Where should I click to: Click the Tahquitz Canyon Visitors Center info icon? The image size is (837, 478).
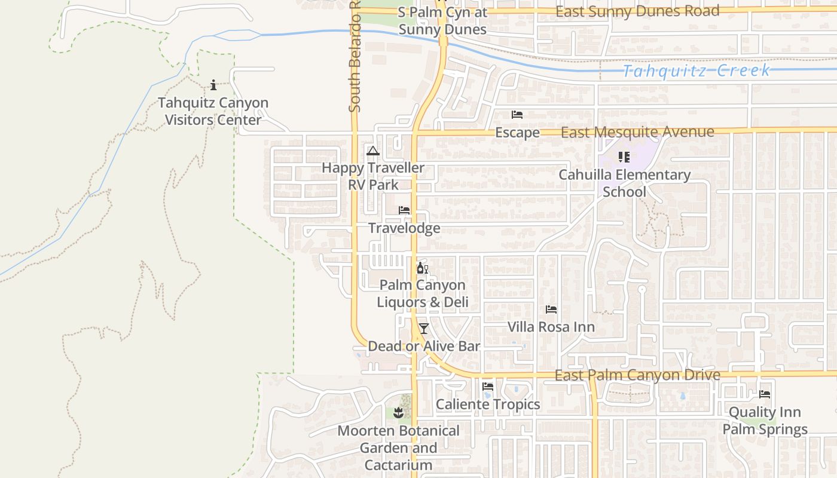tap(213, 85)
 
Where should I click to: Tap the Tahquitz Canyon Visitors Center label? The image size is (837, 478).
tap(213, 111)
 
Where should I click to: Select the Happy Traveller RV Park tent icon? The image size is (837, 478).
tap(373, 151)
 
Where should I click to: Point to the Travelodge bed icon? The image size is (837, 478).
tap(404, 210)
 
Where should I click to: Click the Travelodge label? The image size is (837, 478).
tap(404, 228)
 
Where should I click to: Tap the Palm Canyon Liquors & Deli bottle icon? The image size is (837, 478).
tap(422, 268)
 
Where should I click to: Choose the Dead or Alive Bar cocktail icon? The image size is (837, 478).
tap(424, 328)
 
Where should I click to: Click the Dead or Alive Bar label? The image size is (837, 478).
tap(424, 346)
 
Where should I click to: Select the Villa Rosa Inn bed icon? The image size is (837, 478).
tap(551, 310)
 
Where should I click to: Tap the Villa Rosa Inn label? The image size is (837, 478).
tap(551, 327)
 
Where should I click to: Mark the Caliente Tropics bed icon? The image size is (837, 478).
tap(488, 387)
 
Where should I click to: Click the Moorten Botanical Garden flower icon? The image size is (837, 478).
tap(399, 412)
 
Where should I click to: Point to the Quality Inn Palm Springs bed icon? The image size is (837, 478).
tap(765, 394)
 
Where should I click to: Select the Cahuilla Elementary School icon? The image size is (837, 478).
tap(624, 157)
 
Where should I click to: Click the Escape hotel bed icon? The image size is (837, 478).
tap(517, 115)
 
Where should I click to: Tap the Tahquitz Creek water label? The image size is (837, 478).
tap(697, 71)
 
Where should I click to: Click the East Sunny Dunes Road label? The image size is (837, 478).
tap(637, 11)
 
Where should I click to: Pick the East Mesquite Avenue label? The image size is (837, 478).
tap(637, 132)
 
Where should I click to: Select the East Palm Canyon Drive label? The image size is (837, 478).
tap(637, 375)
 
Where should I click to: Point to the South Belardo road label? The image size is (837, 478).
tap(355, 57)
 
